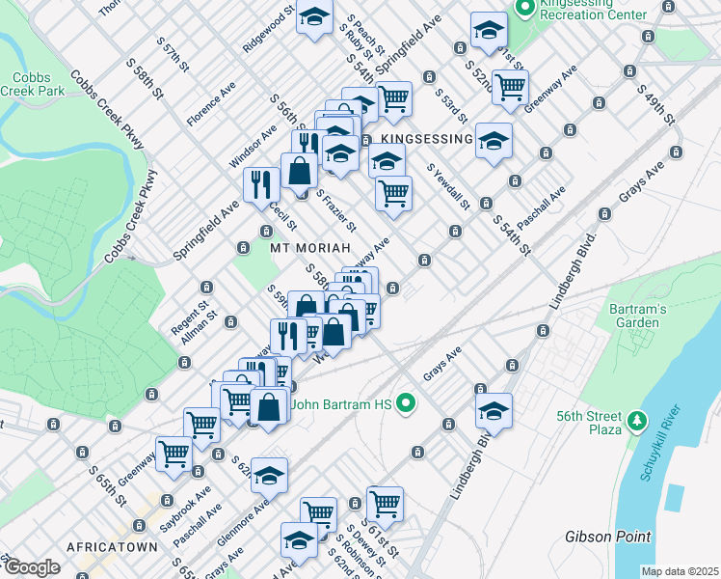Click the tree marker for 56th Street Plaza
tap(635, 422)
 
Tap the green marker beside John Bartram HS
tap(406, 404)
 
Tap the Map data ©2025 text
tap(680, 571)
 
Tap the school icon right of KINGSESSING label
tap(494, 140)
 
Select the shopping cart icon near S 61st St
tap(385, 503)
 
